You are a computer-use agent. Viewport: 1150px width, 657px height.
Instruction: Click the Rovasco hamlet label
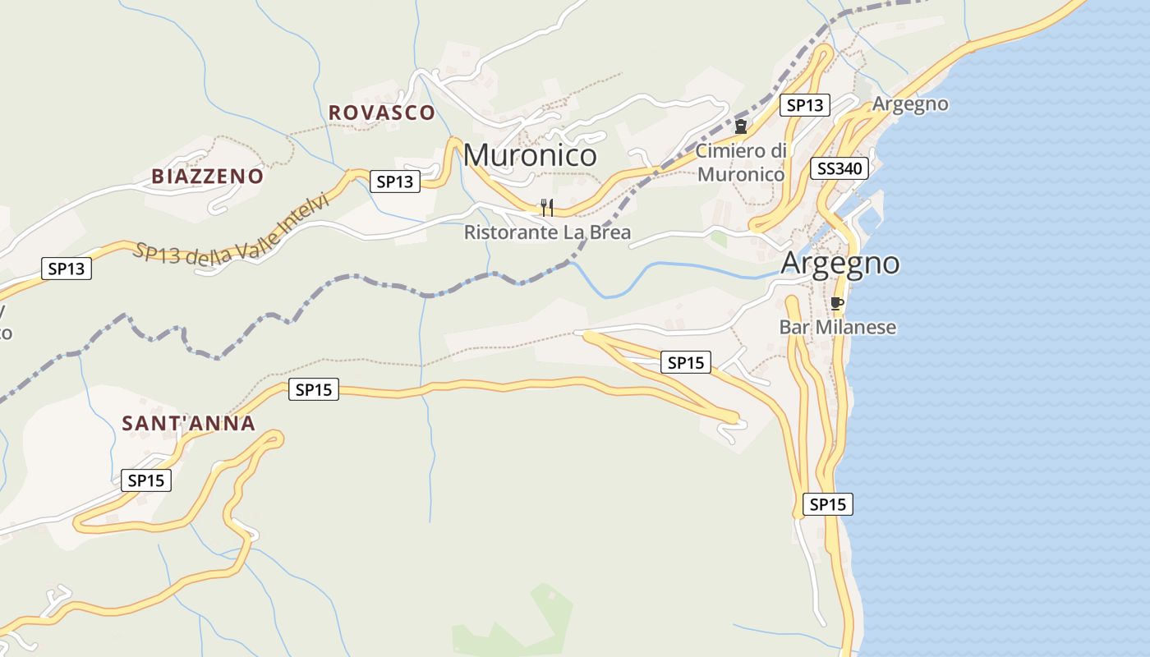[x=381, y=113]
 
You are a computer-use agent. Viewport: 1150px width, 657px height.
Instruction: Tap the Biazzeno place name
[x=208, y=176]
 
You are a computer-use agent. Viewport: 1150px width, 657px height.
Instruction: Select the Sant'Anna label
[x=189, y=424]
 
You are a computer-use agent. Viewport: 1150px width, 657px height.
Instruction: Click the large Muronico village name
[x=530, y=155]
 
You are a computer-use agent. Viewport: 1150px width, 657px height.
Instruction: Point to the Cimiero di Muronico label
[x=741, y=162]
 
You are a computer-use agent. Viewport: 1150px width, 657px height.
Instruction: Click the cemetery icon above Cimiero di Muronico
[x=741, y=126]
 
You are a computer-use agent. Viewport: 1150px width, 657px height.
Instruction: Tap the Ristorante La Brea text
[x=547, y=232]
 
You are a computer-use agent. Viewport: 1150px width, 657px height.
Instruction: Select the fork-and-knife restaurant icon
[x=547, y=207]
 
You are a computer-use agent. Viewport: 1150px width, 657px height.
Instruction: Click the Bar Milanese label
[x=837, y=328]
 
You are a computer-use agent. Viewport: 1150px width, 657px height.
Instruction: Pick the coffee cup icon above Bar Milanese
[x=837, y=304]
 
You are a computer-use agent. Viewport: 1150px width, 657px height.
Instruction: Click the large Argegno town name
[x=840, y=264]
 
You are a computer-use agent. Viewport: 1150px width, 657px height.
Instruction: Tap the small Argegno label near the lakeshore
[x=910, y=104]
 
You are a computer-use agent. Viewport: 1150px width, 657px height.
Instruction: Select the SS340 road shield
[x=839, y=169]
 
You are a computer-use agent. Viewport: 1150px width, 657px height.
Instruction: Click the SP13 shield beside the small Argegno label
[x=804, y=105]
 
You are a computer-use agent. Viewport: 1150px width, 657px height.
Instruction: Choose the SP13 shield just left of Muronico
[x=395, y=181]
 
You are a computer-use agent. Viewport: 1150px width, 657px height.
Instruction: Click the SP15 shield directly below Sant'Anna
[x=146, y=480]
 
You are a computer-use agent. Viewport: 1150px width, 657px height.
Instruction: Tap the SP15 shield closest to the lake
[x=827, y=504]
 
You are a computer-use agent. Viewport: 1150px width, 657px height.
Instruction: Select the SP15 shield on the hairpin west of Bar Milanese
[x=686, y=362]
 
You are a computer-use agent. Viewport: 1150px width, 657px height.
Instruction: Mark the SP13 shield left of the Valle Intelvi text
[x=67, y=268]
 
